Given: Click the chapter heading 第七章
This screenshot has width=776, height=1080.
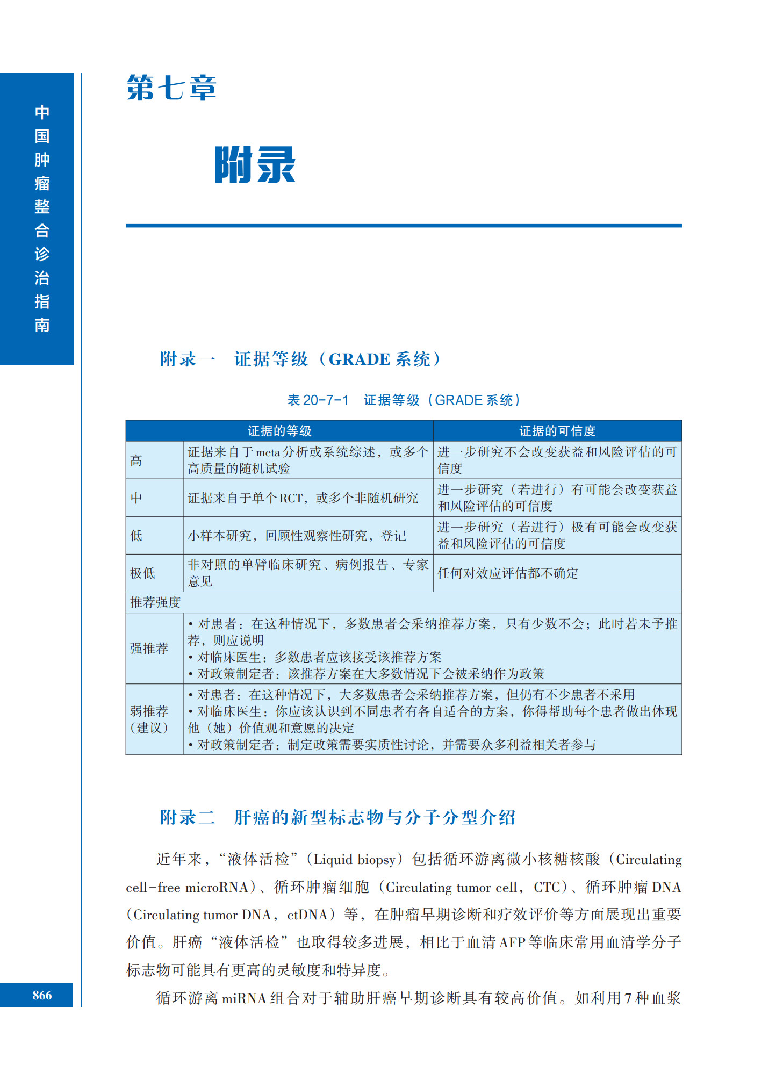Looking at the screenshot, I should click(x=171, y=88).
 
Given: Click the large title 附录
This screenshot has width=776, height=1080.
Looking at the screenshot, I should click(x=255, y=165).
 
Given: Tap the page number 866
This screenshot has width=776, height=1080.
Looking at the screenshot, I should click(x=42, y=995).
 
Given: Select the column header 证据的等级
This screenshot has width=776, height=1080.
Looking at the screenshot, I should click(x=279, y=431).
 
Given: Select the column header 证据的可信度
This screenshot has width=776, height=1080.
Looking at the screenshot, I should click(x=557, y=431).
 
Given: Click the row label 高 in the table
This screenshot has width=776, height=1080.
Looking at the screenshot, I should click(x=136, y=460).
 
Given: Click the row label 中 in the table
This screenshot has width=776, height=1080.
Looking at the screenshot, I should click(x=136, y=498).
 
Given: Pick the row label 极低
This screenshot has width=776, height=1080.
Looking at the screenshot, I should click(x=143, y=573).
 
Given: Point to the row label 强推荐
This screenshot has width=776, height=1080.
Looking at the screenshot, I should click(x=149, y=649).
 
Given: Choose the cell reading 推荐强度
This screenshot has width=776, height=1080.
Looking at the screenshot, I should click(x=155, y=602).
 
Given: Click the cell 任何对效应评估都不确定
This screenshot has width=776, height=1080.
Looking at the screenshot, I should click(x=508, y=573).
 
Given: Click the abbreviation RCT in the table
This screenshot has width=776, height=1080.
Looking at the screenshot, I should click(x=291, y=498).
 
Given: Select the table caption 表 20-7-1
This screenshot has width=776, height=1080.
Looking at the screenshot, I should click(x=318, y=400).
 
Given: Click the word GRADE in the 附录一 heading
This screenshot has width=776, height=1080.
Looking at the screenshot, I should click(x=359, y=359).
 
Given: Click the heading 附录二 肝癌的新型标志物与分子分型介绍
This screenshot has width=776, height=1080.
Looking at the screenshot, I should click(x=337, y=817).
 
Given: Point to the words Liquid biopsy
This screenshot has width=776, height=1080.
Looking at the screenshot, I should click(x=354, y=859).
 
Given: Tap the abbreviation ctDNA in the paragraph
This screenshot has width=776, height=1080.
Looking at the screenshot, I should click(x=307, y=915).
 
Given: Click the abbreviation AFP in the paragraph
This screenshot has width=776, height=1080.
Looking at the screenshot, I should click(x=512, y=942).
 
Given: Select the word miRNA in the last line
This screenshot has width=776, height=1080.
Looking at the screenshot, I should click(x=244, y=998).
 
